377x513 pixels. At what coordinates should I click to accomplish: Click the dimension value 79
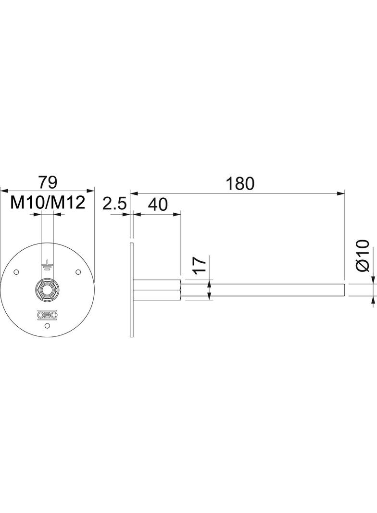(48, 182)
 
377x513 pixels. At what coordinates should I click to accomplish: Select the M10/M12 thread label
(48, 203)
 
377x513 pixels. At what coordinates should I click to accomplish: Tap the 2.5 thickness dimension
(114, 205)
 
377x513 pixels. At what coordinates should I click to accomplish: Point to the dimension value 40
(158, 205)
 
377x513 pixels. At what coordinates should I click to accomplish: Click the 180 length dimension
(240, 184)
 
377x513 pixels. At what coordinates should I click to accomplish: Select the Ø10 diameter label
(362, 256)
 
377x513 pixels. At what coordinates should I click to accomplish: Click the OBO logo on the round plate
(47, 315)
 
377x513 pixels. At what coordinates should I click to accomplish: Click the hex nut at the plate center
(47, 289)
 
